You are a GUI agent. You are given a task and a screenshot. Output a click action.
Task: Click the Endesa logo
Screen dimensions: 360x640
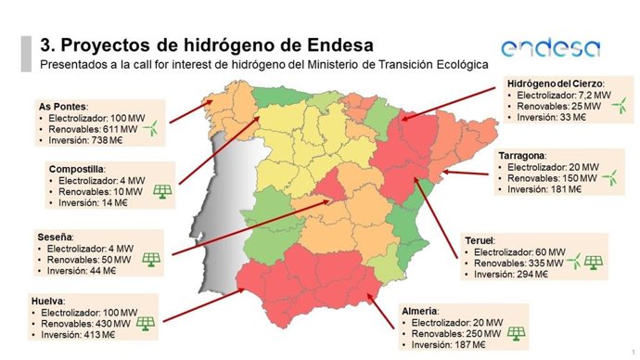[549, 48]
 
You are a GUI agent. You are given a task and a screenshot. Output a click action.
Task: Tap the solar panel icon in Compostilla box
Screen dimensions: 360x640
[162, 191]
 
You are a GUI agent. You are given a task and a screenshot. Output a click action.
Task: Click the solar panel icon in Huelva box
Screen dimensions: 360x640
[145, 323]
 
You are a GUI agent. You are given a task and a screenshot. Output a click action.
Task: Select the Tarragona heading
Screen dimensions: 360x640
[520, 153]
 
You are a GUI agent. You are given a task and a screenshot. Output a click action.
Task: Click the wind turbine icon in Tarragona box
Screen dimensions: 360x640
[608, 174]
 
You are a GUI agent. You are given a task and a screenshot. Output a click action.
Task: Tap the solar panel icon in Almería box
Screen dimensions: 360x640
[516, 332]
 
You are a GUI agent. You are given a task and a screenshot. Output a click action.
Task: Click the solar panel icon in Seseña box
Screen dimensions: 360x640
[149, 259]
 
